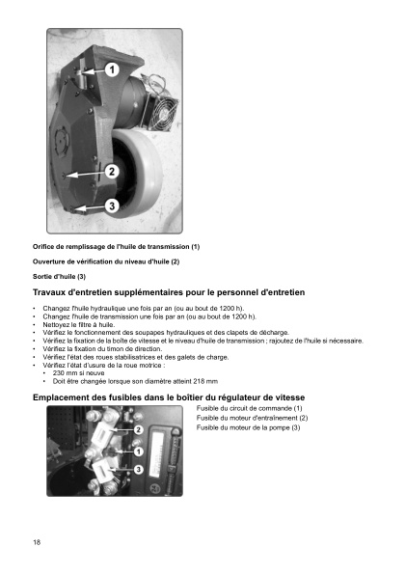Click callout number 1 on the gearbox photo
click(111, 70)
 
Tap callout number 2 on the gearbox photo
click(111, 172)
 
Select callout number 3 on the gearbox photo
click(112, 205)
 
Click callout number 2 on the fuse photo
click(139, 429)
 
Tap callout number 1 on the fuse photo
click(139, 451)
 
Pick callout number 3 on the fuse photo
click(139, 469)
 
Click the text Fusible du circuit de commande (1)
click(249, 408)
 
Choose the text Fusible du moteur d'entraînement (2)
click(252, 418)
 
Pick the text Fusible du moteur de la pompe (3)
click(248, 427)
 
